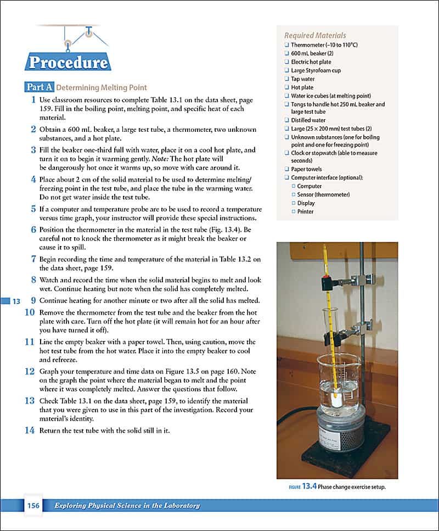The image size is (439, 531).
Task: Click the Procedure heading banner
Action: [x=67, y=62]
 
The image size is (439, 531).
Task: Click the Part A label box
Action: [x=40, y=87]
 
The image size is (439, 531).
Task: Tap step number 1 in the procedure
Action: [x=33, y=100]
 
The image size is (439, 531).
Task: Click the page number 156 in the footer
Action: [x=33, y=506]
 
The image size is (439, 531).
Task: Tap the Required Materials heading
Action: [x=315, y=36]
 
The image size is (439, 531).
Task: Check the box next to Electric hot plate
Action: [x=286, y=62]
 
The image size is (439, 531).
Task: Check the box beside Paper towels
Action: [x=286, y=169]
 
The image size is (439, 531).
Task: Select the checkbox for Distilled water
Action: [x=286, y=120]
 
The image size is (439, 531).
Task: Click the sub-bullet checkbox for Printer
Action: [x=294, y=211]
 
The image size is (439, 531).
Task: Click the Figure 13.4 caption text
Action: [x=337, y=487]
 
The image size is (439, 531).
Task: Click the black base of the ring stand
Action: [x=340, y=459]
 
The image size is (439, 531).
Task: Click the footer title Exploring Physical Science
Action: [x=127, y=506]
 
